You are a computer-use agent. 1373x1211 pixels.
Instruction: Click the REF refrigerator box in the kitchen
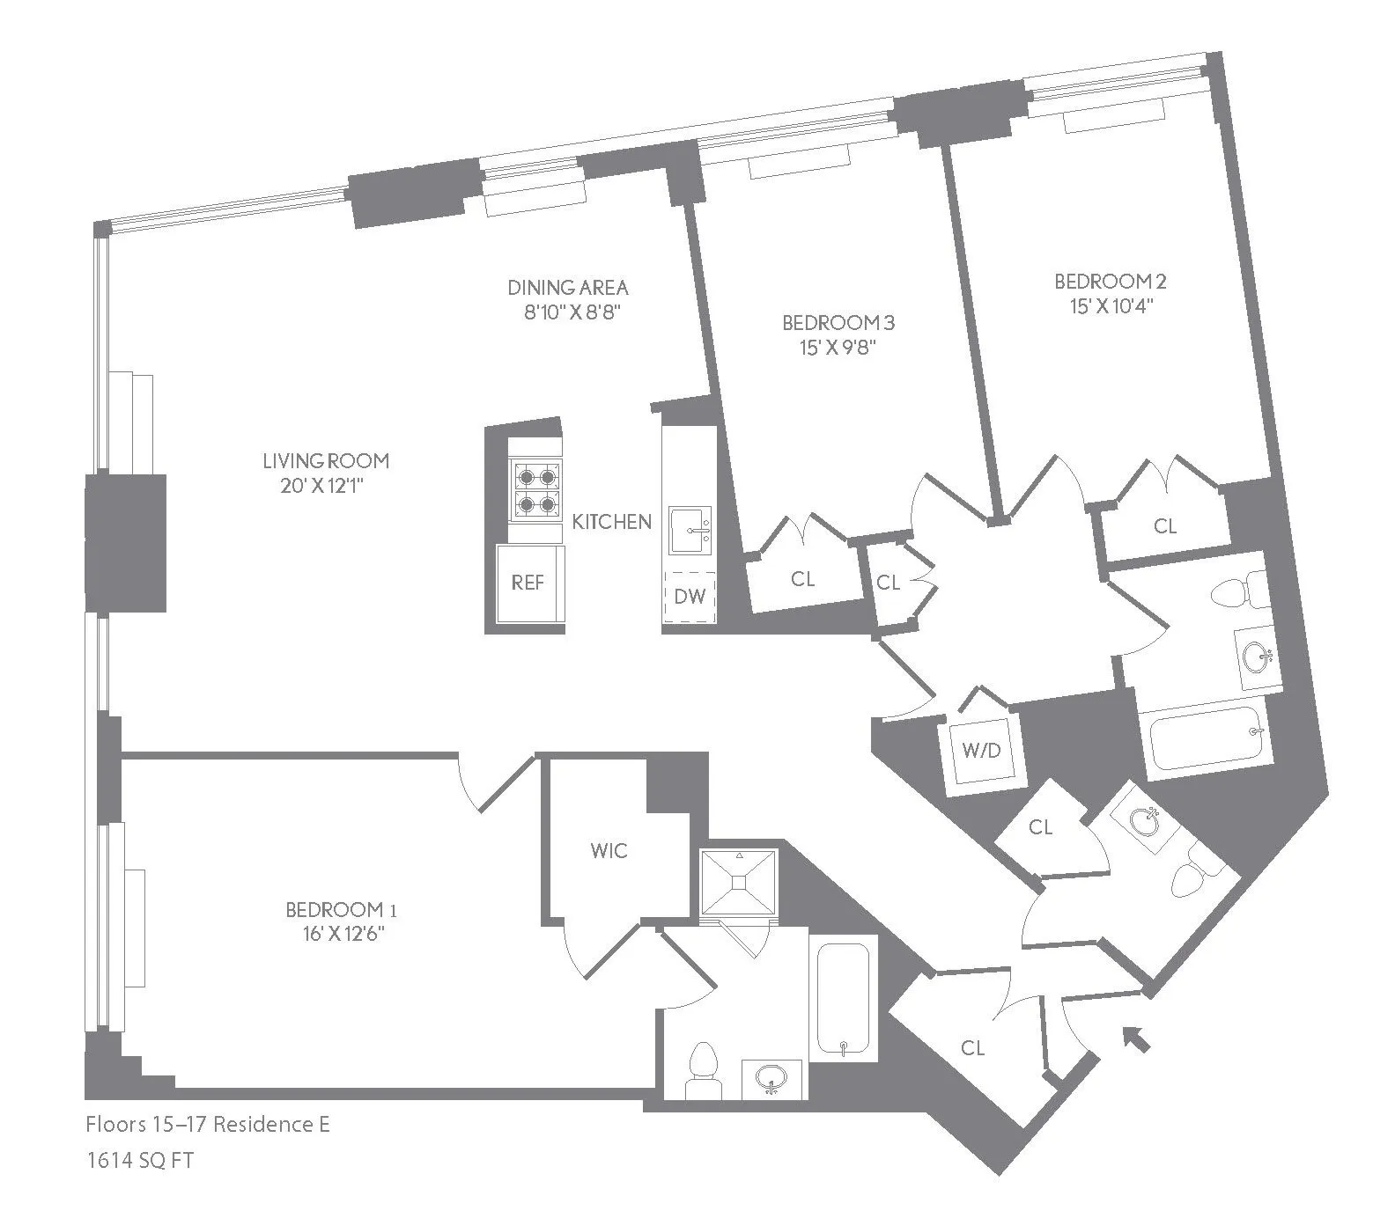[528, 583]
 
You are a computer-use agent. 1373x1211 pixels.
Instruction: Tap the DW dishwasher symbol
[690, 597]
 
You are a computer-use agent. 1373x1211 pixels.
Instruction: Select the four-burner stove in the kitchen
[536, 489]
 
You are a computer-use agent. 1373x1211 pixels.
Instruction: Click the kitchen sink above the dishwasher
[692, 530]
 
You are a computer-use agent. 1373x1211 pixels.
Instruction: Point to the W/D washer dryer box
[981, 751]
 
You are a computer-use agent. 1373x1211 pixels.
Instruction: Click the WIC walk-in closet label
[609, 850]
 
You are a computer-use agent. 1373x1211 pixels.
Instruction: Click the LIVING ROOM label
[326, 460]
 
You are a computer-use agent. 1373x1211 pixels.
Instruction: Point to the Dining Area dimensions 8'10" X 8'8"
[567, 312]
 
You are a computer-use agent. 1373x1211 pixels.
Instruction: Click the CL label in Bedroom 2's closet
[1165, 526]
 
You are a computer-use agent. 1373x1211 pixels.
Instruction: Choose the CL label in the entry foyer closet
[972, 1047]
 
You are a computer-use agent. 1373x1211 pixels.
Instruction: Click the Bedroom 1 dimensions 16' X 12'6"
[334, 934]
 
